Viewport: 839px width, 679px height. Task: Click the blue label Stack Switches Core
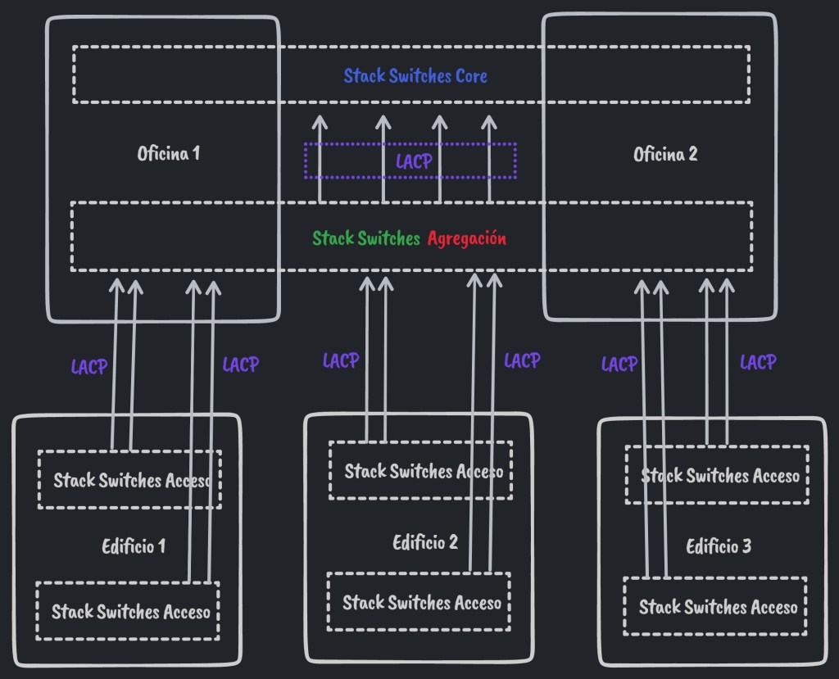(415, 76)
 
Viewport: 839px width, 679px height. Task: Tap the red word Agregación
(466, 238)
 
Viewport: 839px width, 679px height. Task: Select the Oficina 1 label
(169, 153)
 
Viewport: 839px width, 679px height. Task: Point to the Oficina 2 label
(665, 154)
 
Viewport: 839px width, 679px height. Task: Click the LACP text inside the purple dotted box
(414, 161)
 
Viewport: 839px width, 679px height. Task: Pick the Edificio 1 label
(134, 546)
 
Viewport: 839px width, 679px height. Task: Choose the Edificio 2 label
(425, 542)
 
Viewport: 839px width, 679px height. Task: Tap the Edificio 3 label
(719, 546)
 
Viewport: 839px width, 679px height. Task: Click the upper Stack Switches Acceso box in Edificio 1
(130, 480)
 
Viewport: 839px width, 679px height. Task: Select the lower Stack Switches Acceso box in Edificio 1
(130, 611)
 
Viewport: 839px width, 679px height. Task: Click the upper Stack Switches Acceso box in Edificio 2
(421, 471)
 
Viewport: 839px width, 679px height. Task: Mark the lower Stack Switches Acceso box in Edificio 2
(421, 603)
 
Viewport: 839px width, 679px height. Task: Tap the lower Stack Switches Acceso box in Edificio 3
(718, 607)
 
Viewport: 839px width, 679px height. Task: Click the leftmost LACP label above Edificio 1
(89, 367)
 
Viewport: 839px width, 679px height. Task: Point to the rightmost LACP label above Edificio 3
(758, 361)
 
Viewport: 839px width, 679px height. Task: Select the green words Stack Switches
(366, 238)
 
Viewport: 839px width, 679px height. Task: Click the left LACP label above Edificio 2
(341, 360)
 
